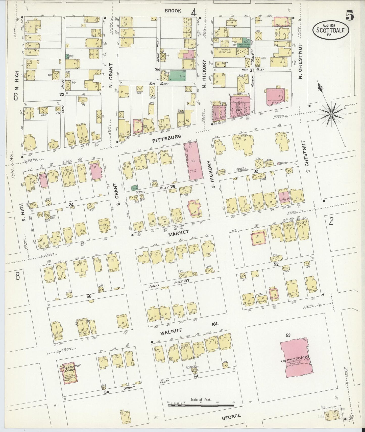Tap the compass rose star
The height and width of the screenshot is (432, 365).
tap(331, 114)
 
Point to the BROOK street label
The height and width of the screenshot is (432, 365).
tap(173, 11)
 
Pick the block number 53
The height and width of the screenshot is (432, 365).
tap(288, 335)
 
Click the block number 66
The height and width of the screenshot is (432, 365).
tap(89, 296)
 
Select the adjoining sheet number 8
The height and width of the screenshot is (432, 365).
tap(17, 276)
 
